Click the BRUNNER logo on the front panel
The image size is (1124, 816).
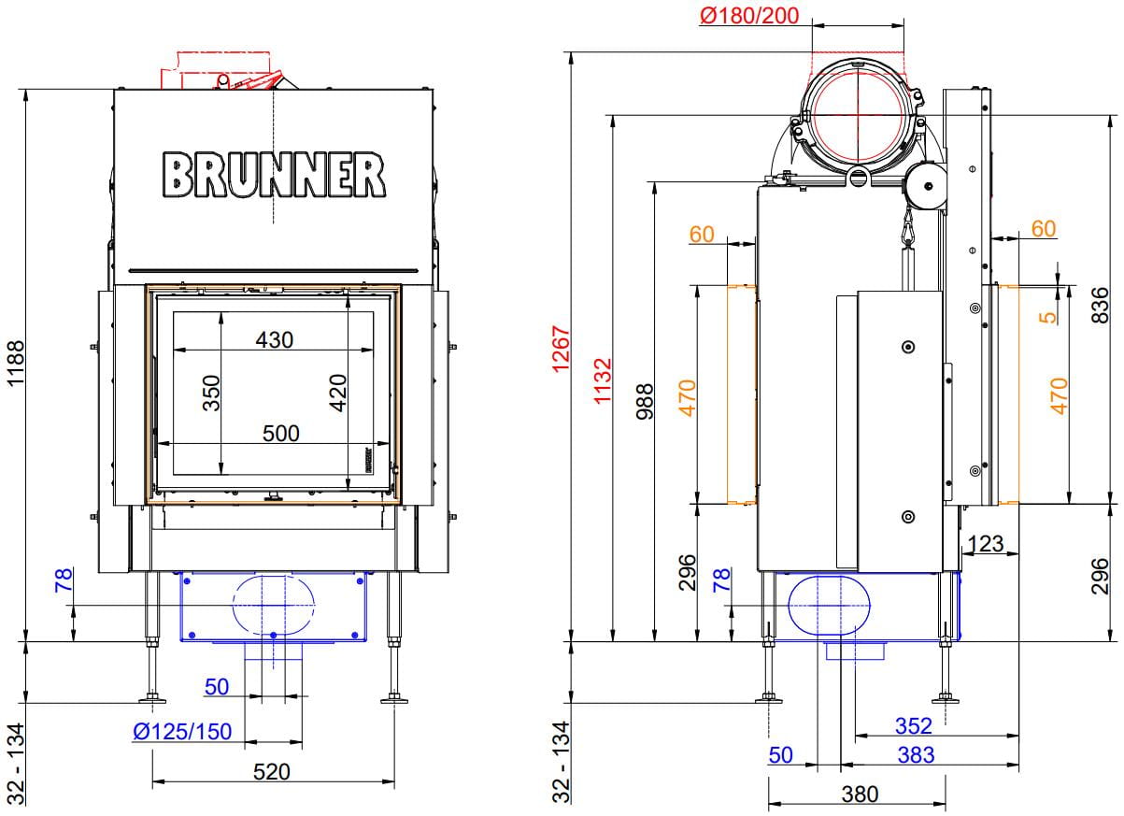tap(274, 174)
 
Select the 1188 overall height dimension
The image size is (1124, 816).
tap(16, 364)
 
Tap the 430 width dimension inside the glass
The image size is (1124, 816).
tap(274, 339)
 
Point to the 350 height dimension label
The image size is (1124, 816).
tap(211, 393)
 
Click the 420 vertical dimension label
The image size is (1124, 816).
tap(338, 393)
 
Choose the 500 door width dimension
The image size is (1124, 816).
tap(280, 433)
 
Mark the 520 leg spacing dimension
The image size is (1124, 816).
tap(272, 772)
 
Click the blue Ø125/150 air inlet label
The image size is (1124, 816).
tap(182, 732)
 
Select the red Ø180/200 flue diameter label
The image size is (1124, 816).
tap(749, 15)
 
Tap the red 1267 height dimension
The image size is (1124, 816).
tap(561, 349)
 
